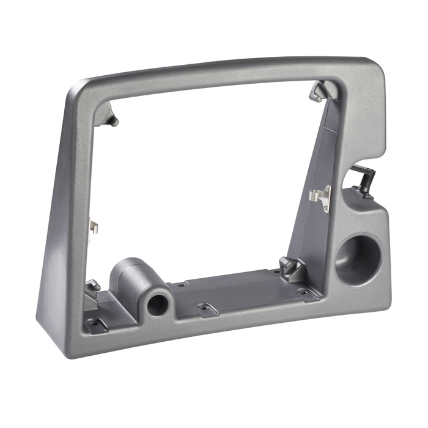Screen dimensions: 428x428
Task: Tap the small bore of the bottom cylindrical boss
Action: pos(158,303)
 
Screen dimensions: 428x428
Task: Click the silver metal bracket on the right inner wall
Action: pos(322,197)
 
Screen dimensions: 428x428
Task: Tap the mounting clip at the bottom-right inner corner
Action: pos(290,267)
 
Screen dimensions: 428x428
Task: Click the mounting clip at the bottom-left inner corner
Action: pos(93,286)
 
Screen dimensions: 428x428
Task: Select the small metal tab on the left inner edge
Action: pos(94,227)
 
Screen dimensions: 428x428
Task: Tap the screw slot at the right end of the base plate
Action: pos(304,292)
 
